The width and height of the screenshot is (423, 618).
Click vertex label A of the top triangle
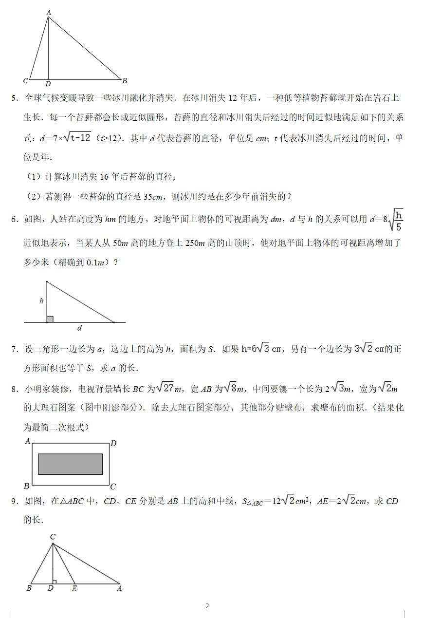pos(49,13)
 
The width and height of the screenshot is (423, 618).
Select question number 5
pos(14,98)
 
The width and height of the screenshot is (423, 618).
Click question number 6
pos(14,220)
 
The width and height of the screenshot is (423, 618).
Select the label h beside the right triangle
pos(41,301)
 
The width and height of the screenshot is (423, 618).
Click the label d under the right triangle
pos(80,328)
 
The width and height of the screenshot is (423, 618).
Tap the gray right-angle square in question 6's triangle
pos(50,319)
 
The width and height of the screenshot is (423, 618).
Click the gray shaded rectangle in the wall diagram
pos(70,464)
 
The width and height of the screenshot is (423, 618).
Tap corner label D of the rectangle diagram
pos(113,443)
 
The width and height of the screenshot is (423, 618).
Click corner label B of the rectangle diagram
pos(27,486)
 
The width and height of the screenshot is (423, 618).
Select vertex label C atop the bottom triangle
pos(53,537)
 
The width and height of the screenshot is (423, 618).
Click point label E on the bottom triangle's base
pos(74,588)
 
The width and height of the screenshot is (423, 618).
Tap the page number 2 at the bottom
pos(207,606)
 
